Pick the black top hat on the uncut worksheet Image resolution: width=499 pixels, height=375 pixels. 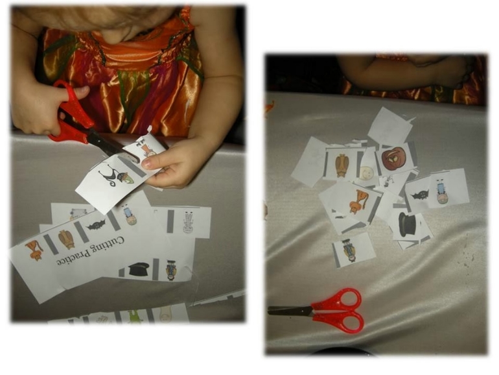(x=138, y=269)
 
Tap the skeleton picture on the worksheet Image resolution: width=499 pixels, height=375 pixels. (x=189, y=223)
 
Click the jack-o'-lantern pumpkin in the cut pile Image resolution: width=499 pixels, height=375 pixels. (x=393, y=158)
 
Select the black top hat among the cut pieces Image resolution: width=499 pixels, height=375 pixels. (x=408, y=224)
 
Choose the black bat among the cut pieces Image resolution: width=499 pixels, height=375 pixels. (x=420, y=195)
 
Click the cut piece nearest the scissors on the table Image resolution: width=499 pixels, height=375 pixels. (x=353, y=250)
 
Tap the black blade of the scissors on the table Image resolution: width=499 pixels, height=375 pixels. (x=290, y=311)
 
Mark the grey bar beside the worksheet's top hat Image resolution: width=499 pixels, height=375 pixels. (x=156, y=269)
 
